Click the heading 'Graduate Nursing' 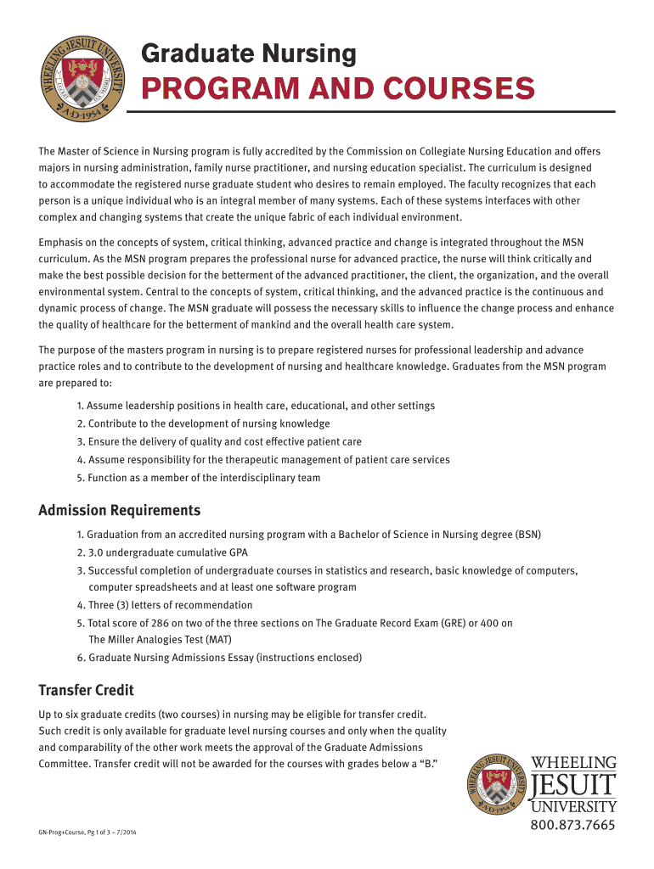point(248,54)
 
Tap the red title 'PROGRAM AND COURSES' point(337,88)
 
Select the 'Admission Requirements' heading point(120,510)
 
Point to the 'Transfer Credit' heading point(86,690)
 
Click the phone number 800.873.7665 point(573,826)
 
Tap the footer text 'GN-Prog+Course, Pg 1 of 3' point(81,833)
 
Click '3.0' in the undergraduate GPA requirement point(95,552)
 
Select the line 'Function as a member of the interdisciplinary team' point(204,478)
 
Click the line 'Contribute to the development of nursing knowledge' point(209,423)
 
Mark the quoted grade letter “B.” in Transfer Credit point(428,764)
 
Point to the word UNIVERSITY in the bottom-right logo point(573,805)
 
